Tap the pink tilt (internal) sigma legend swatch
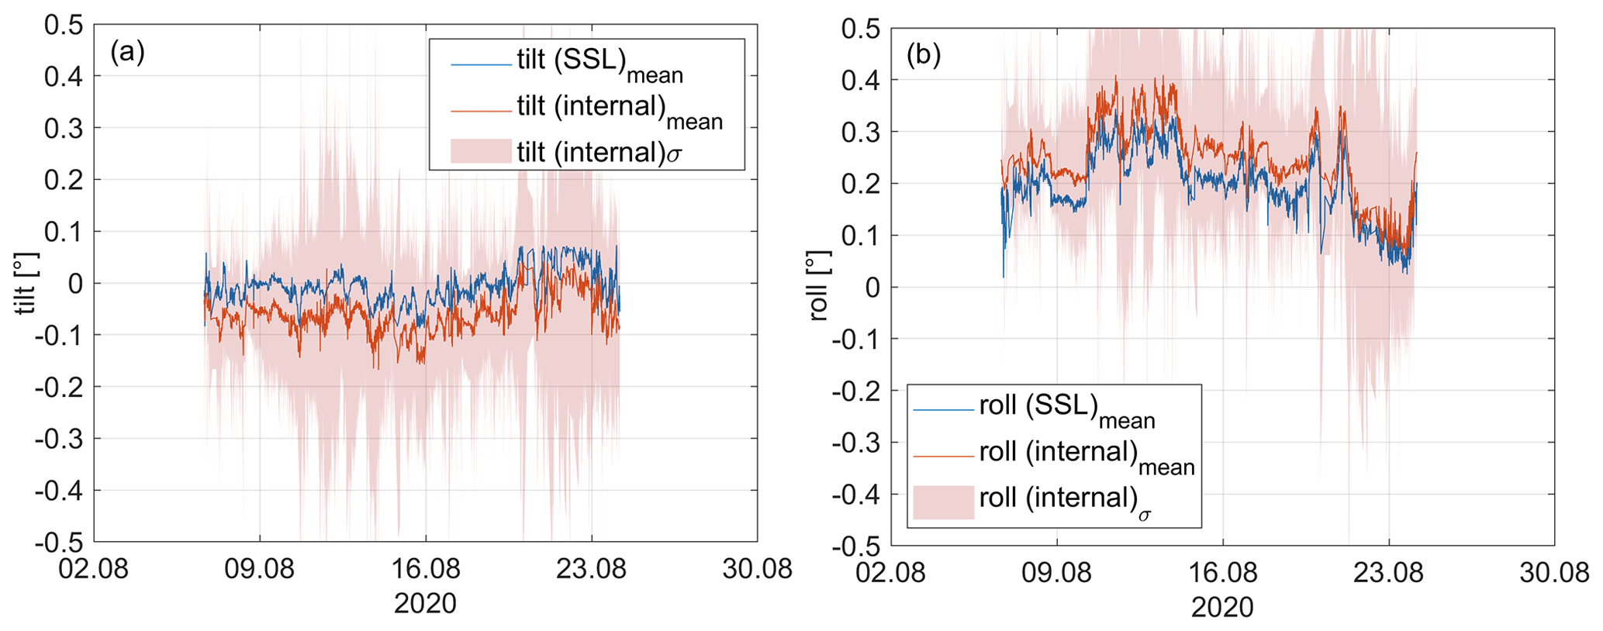(481, 151)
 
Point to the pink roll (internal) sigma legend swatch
(943, 502)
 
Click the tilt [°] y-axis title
(26, 284)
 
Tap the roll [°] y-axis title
(819, 285)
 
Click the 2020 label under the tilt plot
(425, 603)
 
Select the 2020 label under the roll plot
(1222, 607)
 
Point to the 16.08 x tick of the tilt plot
(425, 569)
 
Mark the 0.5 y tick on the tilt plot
(64, 25)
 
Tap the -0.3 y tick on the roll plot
(856, 443)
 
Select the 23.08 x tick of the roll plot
(1388, 573)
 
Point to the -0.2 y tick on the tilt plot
(59, 387)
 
